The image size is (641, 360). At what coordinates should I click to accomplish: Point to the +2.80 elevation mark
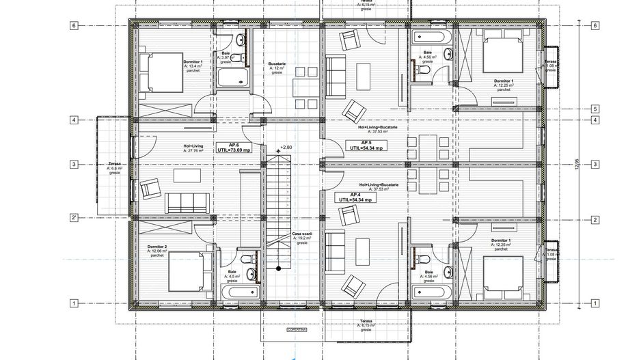pyautogui.click(x=284, y=148)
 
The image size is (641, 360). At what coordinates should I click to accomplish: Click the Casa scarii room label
pyautogui.click(x=301, y=238)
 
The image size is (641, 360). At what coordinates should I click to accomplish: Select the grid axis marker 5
pyautogui.click(x=595, y=109)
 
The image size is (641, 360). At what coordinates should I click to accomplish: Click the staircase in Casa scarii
pyautogui.click(x=279, y=211)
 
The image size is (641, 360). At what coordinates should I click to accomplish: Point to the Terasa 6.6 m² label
pyautogui.click(x=114, y=167)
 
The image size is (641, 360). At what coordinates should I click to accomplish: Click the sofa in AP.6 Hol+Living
pyautogui.click(x=187, y=202)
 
